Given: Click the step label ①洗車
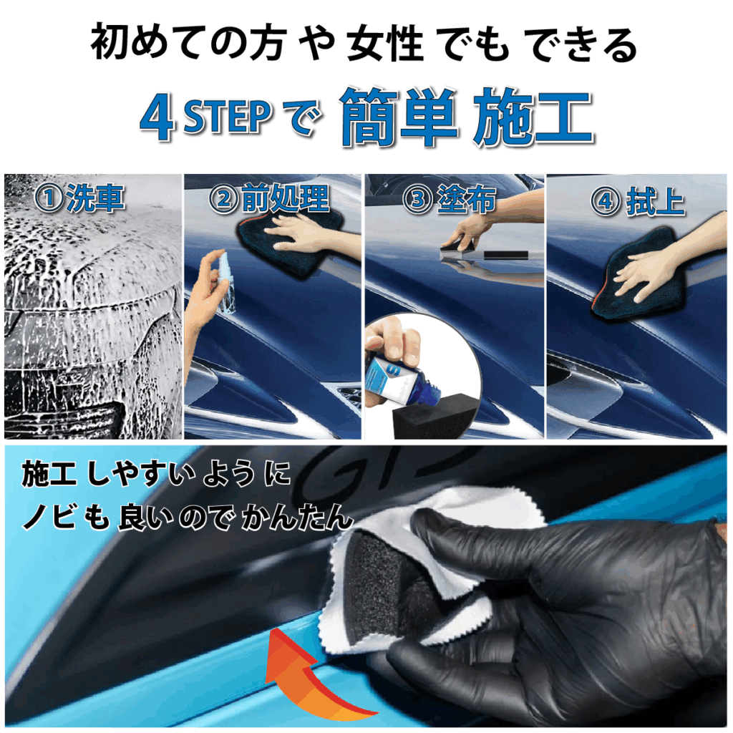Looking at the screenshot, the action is [x=79, y=198].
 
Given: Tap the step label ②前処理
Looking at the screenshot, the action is [x=268, y=198].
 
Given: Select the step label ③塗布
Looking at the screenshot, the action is [x=450, y=199].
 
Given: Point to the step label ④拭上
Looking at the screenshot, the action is [x=638, y=201].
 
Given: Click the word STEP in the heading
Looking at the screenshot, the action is [x=228, y=117].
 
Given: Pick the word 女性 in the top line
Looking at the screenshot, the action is [x=385, y=44].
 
